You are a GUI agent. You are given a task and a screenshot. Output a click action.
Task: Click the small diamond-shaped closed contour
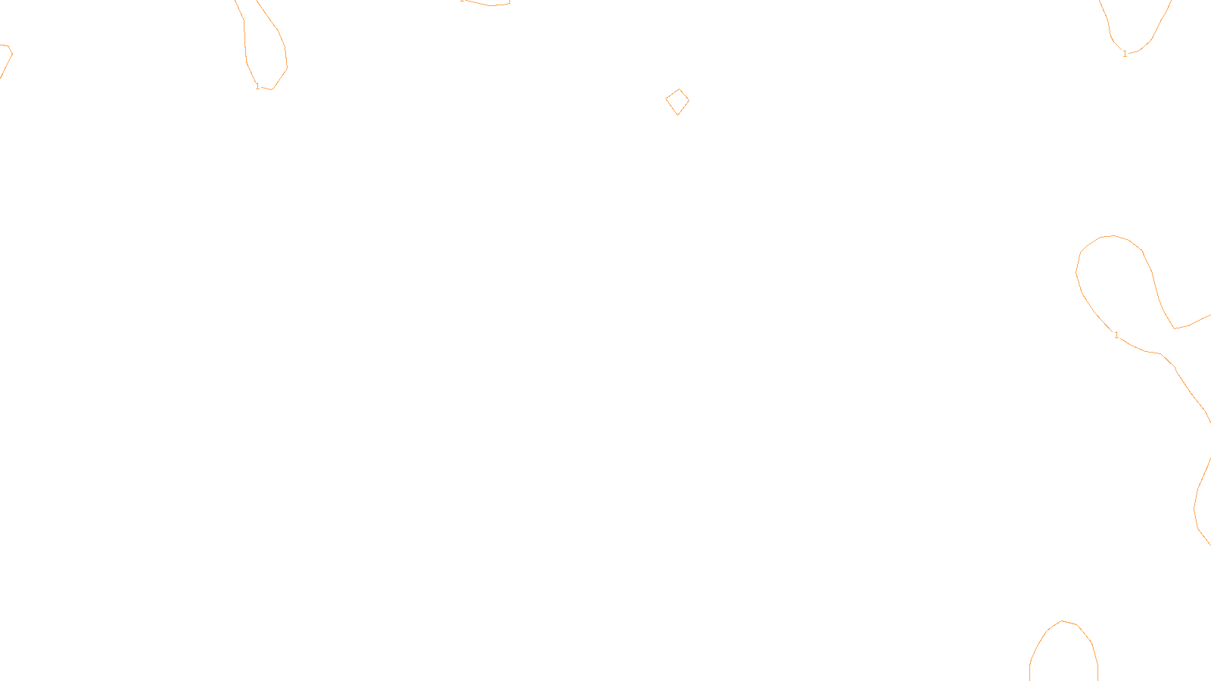coord(677,102)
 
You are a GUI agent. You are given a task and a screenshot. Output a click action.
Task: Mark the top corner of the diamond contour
coord(679,89)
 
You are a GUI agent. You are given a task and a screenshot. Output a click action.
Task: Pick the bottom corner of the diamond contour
coord(677,115)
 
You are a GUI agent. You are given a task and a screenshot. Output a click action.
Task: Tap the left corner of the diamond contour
coord(666,99)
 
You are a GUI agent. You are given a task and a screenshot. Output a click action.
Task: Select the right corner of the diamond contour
coord(689,100)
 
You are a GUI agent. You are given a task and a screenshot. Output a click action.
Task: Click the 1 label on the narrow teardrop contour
coord(257,86)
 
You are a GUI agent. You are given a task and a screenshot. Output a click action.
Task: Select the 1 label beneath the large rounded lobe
coord(1116,335)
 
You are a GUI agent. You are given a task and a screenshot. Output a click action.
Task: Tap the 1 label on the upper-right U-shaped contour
coord(1125,54)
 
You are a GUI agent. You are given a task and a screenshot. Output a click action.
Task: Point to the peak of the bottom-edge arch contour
coord(1063,621)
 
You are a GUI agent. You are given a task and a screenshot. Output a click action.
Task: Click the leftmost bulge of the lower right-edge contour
coord(1194,507)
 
